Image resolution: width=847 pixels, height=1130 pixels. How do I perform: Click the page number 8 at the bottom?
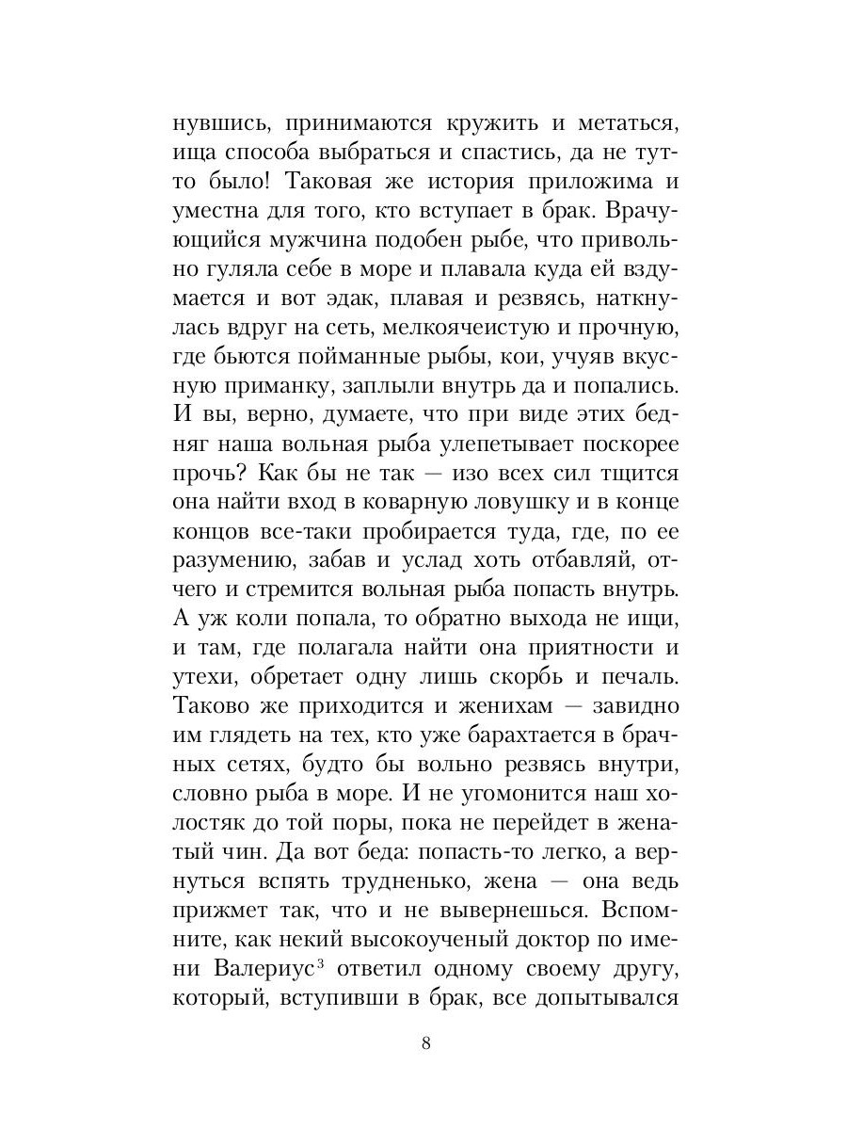click(426, 1043)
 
